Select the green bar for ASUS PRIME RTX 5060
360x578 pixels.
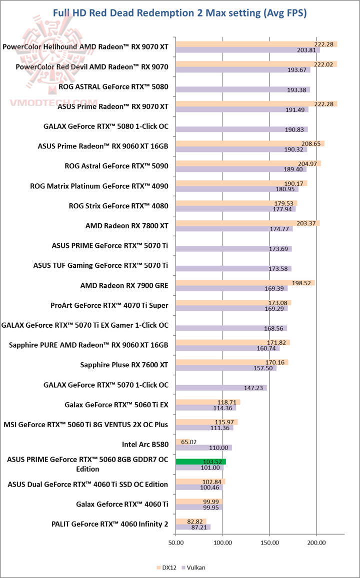pos(200,462)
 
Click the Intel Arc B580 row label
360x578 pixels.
pos(145,444)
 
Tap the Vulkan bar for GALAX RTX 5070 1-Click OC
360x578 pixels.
pos(221,387)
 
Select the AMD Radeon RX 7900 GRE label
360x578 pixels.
pos(124,286)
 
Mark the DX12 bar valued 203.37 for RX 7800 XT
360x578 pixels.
pos(247,223)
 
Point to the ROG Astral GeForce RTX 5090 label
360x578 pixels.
pos(116,166)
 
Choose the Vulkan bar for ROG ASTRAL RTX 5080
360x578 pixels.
pos(242,89)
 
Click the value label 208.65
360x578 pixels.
pos(314,143)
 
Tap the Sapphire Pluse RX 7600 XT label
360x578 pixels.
pos(124,365)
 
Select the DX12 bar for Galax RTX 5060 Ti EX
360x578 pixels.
pos(207,402)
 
